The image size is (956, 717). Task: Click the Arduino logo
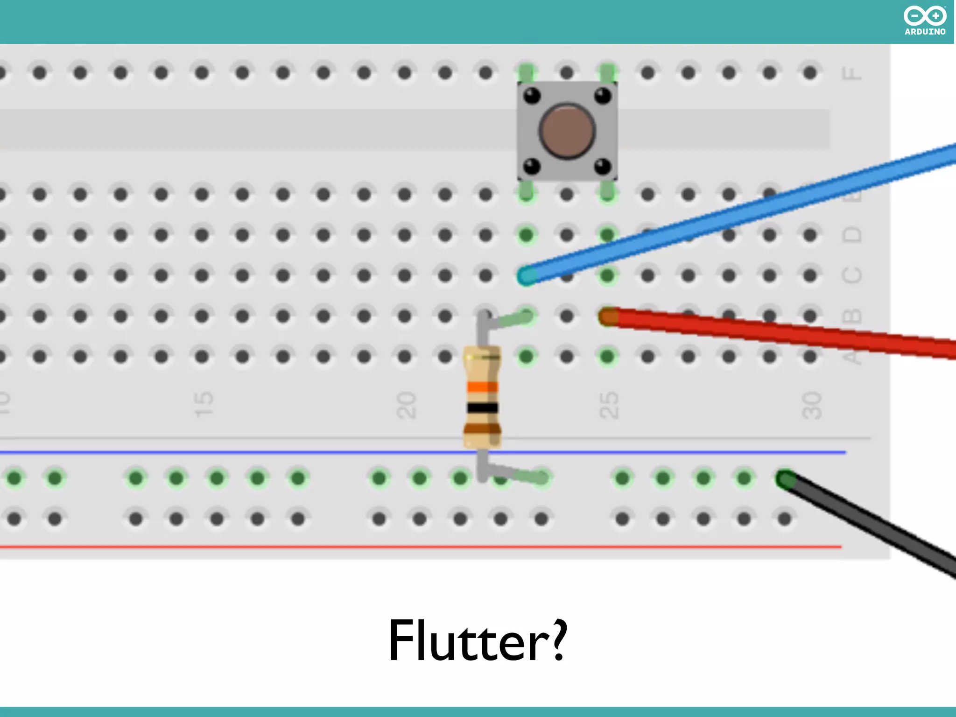(x=925, y=21)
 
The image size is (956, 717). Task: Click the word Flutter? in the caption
(x=478, y=641)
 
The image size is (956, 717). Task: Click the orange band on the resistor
(x=483, y=387)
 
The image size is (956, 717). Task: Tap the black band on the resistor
(x=483, y=408)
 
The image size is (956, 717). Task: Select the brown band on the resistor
(x=483, y=429)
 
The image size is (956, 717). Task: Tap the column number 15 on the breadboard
(x=203, y=404)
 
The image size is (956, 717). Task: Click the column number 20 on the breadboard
(x=406, y=405)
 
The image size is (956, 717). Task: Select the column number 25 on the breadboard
(x=609, y=405)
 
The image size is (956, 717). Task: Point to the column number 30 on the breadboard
(x=811, y=405)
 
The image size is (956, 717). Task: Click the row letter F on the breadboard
(x=851, y=73)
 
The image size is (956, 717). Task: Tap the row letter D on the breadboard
(x=851, y=234)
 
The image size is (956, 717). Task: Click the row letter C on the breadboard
(x=851, y=275)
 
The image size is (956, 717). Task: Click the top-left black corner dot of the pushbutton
(x=532, y=96)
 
